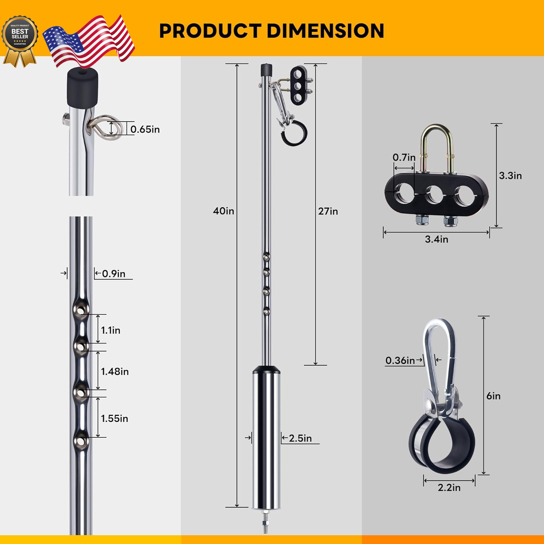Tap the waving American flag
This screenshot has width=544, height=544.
89,42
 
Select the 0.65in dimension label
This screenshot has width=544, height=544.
145,129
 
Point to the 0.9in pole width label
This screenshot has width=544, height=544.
114,274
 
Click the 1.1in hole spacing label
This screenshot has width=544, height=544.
111,330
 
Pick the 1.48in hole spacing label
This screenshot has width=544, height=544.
115,372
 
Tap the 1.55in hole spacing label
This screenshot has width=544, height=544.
114,419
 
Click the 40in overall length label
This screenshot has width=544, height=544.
223,211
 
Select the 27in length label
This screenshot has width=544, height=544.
328,211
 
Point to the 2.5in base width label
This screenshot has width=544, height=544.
300,438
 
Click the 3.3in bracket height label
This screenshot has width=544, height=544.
510,176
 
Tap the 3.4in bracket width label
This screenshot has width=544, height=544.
436,239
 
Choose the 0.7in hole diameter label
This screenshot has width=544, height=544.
404,157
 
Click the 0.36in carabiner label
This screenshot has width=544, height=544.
400,360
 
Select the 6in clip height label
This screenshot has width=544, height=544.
493,396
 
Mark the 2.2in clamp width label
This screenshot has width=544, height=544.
449,488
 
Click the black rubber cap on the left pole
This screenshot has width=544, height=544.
83,87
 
